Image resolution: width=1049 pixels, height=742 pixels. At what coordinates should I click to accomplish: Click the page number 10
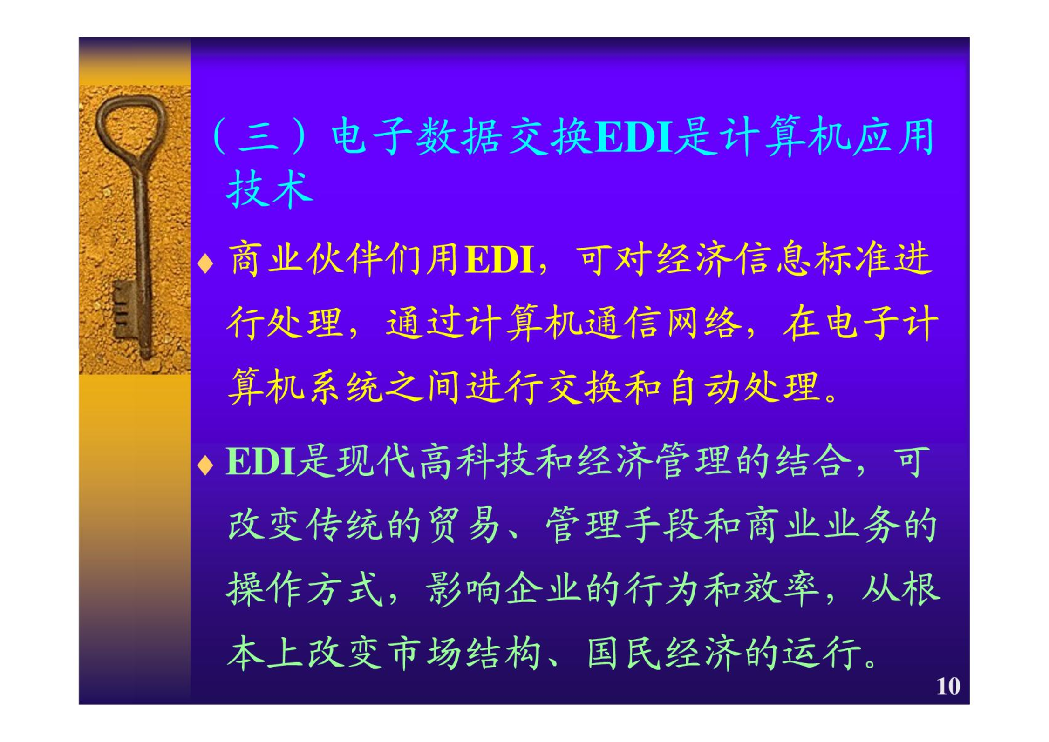coord(948,686)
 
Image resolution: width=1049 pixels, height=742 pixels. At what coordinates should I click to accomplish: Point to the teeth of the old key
coord(122,309)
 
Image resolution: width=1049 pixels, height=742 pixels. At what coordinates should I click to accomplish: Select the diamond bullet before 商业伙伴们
coord(205,263)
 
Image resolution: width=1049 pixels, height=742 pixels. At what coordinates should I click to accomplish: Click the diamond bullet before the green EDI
coord(205,465)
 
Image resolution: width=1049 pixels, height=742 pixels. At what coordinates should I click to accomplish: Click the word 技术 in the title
coord(269,189)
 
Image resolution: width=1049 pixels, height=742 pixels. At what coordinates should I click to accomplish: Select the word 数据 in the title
coord(459,136)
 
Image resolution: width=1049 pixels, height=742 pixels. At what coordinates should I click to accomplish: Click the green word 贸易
coord(464,525)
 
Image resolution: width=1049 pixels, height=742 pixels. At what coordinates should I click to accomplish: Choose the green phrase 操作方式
coord(305,588)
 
